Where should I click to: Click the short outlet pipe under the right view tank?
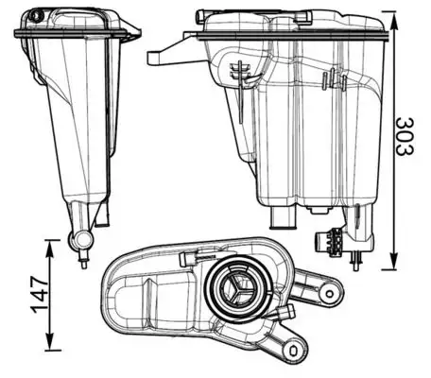point(281,218)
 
